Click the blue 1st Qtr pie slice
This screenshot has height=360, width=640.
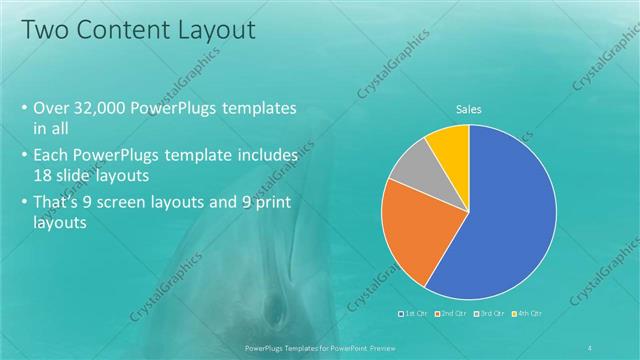coord(500,220)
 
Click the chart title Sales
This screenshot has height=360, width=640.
coord(469,108)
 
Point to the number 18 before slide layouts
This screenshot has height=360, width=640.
coord(43,173)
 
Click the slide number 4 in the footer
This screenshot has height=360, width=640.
coord(591,348)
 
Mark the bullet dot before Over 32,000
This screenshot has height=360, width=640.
coord(24,109)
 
